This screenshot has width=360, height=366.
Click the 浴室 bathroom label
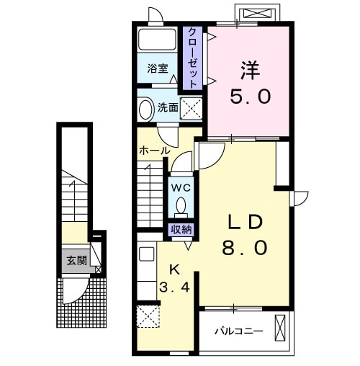tap(158, 68)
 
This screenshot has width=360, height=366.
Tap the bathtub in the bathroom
tap(158, 40)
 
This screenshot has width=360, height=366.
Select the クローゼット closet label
tap(192, 58)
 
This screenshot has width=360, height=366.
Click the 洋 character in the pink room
tap(250, 71)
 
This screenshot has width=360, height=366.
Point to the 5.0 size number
tap(251, 97)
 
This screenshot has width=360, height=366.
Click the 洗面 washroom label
tap(168, 107)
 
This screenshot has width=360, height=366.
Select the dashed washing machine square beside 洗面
tap(191, 108)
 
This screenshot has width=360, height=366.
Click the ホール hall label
tap(155, 151)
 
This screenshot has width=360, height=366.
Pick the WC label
tap(181, 188)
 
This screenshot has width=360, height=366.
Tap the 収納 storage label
tap(181, 230)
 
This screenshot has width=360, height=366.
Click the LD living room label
tap(245, 222)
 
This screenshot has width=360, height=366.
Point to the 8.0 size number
tap(245, 248)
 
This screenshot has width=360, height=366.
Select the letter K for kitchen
tap(175, 270)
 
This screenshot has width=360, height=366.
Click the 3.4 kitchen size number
tap(175, 287)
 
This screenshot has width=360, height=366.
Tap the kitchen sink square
tap(147, 254)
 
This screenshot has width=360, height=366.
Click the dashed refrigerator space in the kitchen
tap(148, 316)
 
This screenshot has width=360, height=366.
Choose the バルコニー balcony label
tap(238, 331)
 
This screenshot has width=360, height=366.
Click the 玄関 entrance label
tap(76, 260)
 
